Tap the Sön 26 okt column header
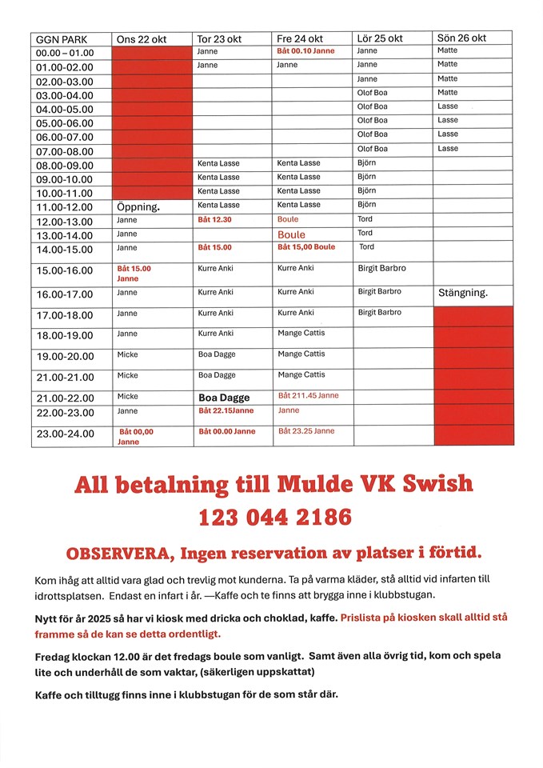pos(461,38)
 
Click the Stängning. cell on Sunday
pos(462,293)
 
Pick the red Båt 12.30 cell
pos(214,219)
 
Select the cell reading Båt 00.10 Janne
pos(305,51)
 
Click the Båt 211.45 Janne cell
pos(308,395)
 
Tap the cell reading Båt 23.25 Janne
pos(306,431)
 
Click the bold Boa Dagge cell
pos(224,398)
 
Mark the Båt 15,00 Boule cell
pos(306,247)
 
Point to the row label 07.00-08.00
pos(65,151)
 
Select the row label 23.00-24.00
pos(65,434)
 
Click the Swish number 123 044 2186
pos(274,518)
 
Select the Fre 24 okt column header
pos(300,38)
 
